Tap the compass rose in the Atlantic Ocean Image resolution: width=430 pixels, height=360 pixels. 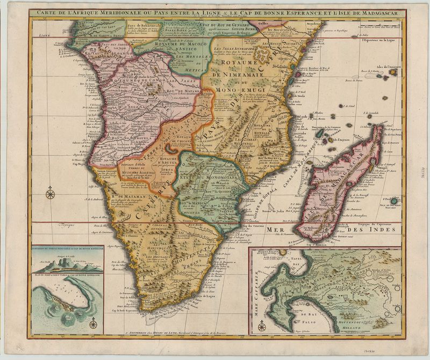point(50,192)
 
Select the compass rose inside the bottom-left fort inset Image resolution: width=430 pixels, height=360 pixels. point(93,323)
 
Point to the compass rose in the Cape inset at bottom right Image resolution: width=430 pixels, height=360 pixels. point(262,325)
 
